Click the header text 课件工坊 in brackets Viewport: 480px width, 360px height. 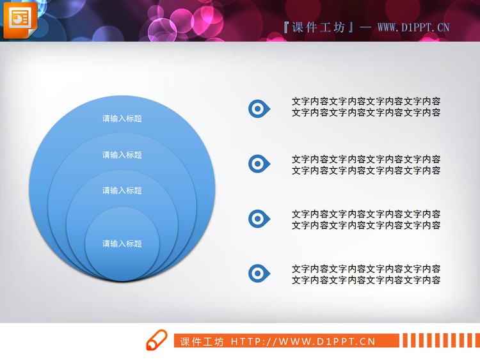click(318, 27)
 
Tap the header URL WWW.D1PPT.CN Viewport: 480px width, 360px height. click(413, 27)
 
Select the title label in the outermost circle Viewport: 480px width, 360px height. click(122, 118)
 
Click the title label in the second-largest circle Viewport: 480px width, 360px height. click(122, 155)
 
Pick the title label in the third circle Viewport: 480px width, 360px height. click(122, 191)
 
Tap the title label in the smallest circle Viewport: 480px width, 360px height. click(122, 244)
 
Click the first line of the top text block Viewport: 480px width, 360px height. click(365, 101)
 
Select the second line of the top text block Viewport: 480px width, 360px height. click(365, 113)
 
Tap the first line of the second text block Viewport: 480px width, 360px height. click(365, 159)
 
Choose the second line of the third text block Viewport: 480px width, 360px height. click(365, 225)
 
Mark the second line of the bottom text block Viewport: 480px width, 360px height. click(365, 280)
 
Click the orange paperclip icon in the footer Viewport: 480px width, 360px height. click(156, 341)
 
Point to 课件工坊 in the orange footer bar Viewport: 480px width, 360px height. click(202, 341)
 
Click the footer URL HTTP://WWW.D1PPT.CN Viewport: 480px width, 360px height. click(303, 341)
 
